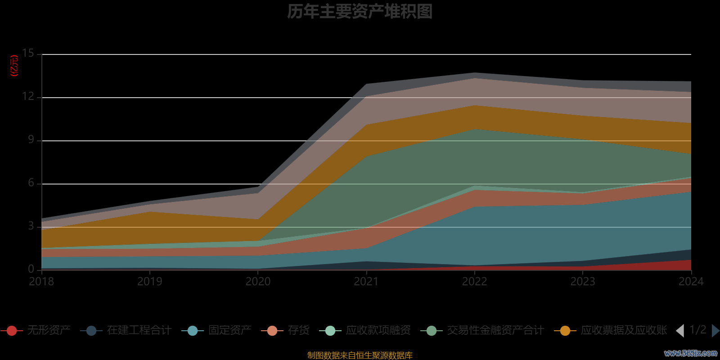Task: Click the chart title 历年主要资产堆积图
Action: click(360, 12)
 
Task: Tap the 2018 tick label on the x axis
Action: click(41, 282)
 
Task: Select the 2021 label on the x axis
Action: click(366, 282)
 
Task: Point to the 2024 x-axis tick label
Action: click(691, 282)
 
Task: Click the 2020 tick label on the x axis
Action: click(258, 282)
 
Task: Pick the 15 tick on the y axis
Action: click(28, 54)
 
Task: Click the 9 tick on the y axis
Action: click(31, 140)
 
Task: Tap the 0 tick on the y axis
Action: click(31, 269)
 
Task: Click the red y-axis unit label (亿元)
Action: click(14, 66)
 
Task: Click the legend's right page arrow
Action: click(715, 331)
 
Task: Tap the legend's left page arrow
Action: click(680, 331)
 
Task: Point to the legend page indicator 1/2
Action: click(698, 330)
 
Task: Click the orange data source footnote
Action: click(360, 355)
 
